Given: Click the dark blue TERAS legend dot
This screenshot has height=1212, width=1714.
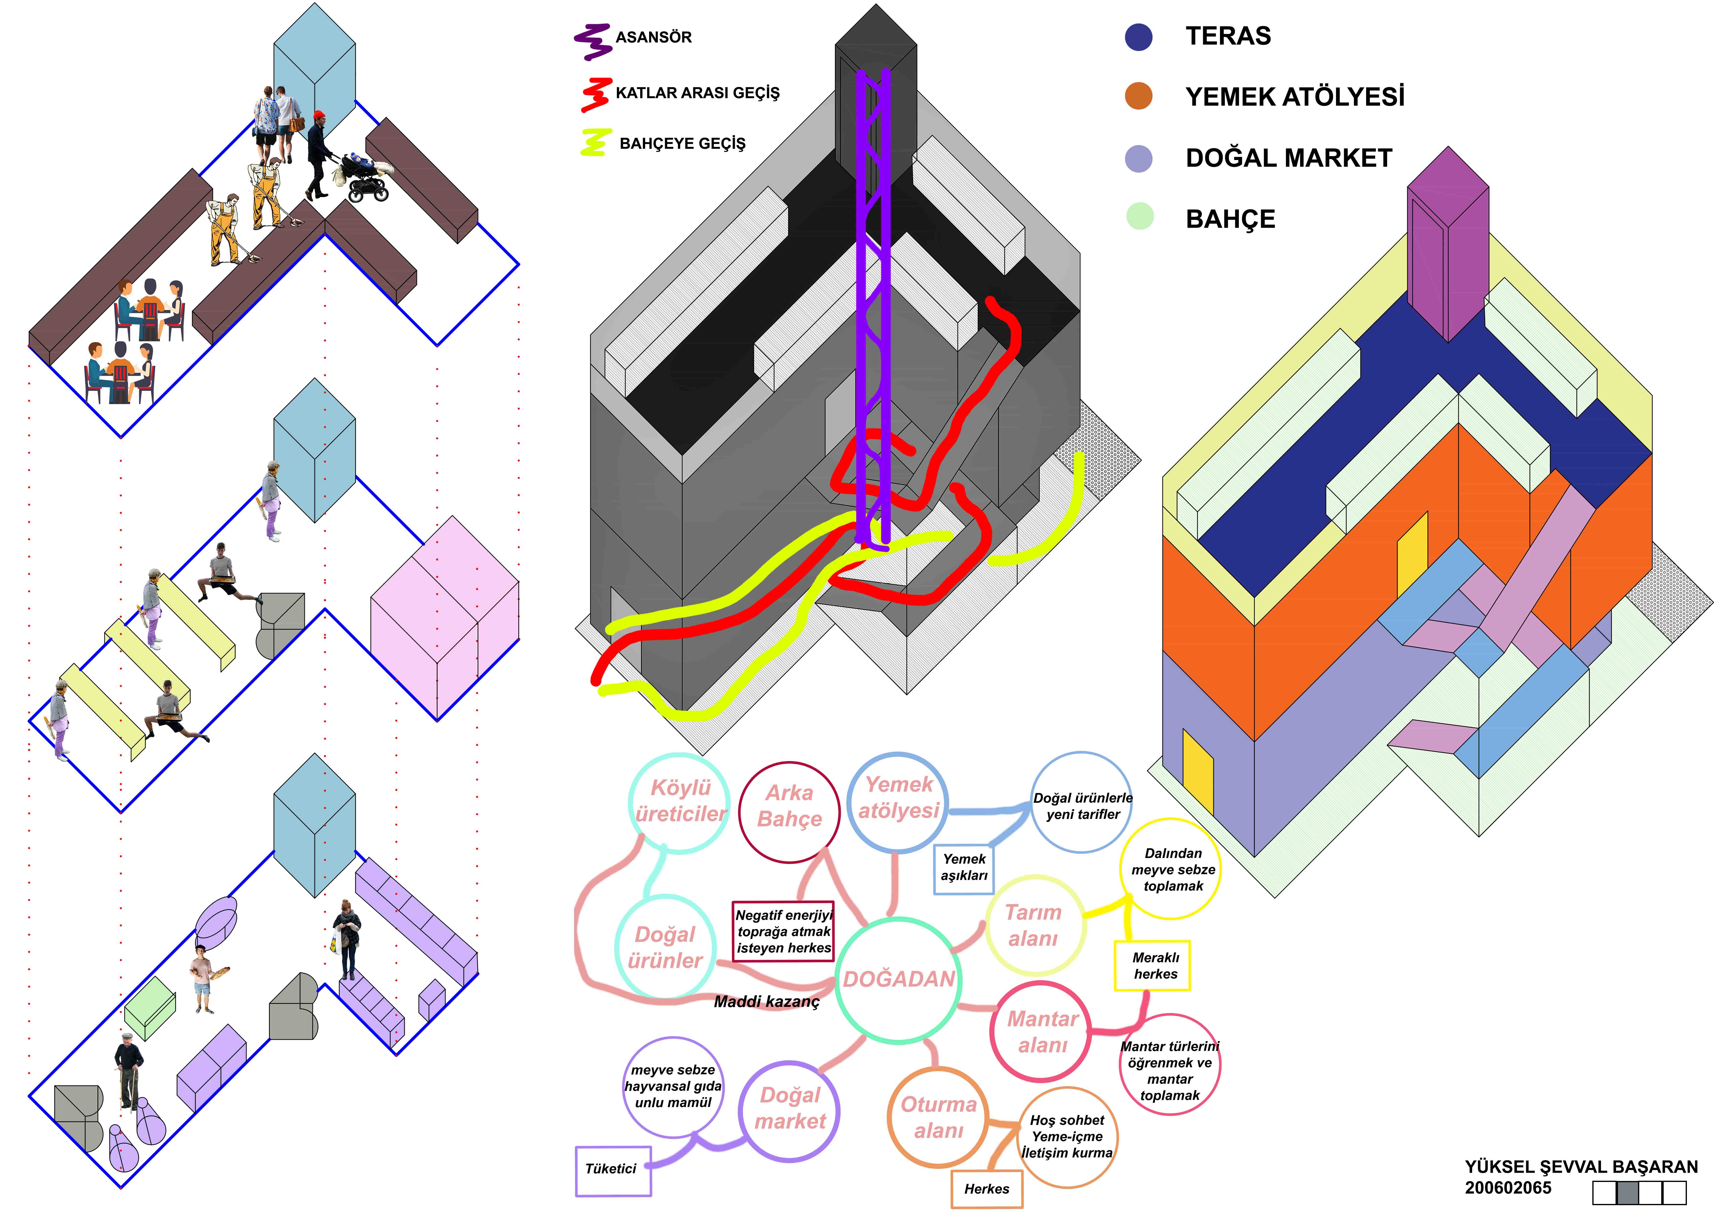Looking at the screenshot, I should click(x=1138, y=37).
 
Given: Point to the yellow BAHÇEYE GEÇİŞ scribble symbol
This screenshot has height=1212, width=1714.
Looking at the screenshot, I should click(x=595, y=142).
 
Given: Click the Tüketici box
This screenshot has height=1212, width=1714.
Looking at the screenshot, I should click(x=612, y=1170).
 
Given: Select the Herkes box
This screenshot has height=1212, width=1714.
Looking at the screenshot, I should click(x=986, y=1189).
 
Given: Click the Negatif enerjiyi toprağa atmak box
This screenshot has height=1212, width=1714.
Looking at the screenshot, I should click(x=783, y=931).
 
